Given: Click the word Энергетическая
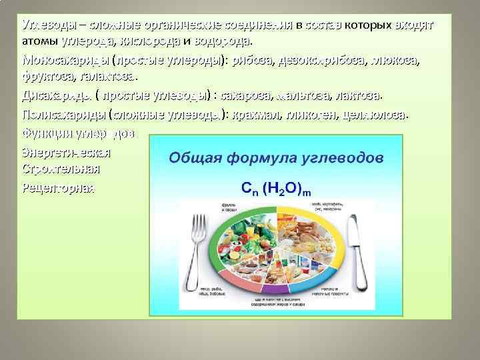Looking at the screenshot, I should (x=66, y=151).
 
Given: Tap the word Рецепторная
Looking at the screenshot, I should (x=59, y=188).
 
